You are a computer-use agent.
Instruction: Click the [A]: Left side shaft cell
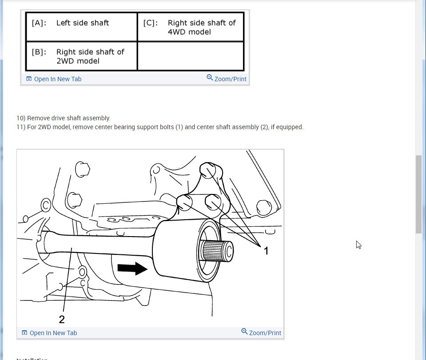tap(81, 27)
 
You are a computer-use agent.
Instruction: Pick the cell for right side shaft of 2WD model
tap(81, 56)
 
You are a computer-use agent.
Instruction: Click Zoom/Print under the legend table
tap(230, 79)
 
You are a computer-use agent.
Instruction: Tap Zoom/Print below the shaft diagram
tap(265, 333)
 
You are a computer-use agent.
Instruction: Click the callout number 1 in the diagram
tap(266, 251)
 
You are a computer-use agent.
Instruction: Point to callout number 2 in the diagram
tap(62, 319)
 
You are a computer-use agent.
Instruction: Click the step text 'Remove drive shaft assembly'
tap(68, 118)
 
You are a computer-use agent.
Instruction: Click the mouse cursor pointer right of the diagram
tap(358, 244)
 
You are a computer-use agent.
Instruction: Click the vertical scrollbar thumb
tap(418, 194)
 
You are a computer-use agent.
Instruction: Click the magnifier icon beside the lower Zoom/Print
tap(244, 332)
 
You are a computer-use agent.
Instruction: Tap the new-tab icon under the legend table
tap(29, 79)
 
